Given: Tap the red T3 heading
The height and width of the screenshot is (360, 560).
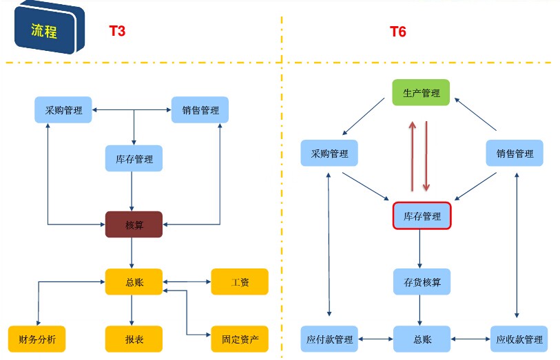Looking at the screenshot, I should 117,31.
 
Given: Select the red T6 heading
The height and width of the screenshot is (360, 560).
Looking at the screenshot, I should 397,32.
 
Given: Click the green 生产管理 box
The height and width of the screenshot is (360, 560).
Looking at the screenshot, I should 421,93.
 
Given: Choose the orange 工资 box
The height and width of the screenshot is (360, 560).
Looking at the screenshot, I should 239,282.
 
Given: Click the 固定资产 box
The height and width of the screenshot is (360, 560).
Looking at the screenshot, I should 239,339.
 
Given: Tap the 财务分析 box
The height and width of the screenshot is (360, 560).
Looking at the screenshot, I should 37,339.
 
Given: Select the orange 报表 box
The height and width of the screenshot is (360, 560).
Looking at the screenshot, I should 134,339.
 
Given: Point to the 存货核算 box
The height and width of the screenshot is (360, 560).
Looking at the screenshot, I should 422,282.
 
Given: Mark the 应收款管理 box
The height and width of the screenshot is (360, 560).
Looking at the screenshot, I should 519,339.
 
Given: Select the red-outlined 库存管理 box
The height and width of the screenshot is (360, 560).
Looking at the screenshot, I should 422,216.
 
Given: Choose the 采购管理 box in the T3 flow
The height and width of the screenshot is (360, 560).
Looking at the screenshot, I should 63,110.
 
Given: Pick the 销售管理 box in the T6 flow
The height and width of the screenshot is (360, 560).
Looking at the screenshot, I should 515,153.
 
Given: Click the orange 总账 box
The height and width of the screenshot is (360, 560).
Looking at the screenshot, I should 134,282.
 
